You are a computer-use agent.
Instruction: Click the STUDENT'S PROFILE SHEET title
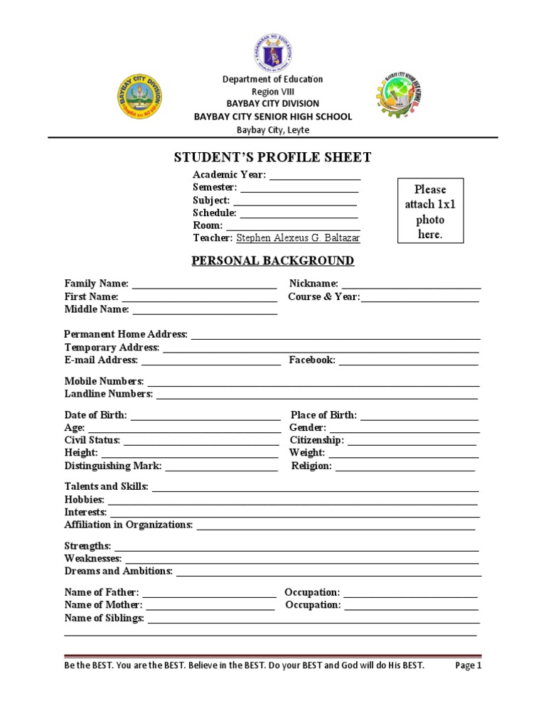coord(273,157)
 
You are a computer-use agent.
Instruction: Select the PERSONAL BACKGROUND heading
coord(273,261)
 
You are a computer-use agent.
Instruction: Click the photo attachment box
coord(430,211)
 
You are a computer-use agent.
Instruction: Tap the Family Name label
coord(96,284)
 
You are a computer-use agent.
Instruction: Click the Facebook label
coord(312,360)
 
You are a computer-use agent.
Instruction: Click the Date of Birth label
coord(95,415)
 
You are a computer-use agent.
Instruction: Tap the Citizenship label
coord(316,441)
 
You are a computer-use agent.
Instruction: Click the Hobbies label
coord(84,500)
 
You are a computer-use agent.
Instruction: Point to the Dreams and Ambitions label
coord(118,571)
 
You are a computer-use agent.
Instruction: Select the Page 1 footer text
coord(469,666)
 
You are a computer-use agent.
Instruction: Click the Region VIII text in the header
coord(272,92)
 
